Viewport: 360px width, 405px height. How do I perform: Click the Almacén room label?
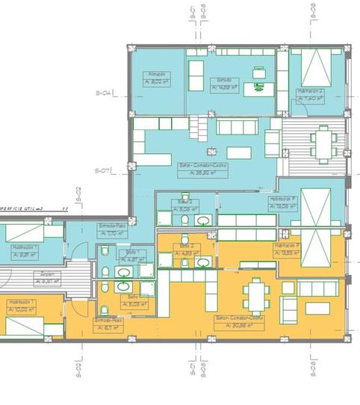(156, 74)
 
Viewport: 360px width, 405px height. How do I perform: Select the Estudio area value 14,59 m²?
(224, 87)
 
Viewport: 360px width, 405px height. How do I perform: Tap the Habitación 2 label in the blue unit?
(311, 92)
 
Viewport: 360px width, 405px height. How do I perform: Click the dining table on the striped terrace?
(323, 145)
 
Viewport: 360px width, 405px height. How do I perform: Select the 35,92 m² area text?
(203, 173)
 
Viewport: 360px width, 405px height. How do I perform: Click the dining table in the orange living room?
(256, 297)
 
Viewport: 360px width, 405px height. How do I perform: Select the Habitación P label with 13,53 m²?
(287, 245)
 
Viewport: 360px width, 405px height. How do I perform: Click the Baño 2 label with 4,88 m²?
(187, 246)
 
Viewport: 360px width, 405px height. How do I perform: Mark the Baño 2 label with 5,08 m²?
(186, 202)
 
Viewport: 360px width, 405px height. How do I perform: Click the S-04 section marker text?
(103, 93)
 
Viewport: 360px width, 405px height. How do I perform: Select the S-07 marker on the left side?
(103, 171)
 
